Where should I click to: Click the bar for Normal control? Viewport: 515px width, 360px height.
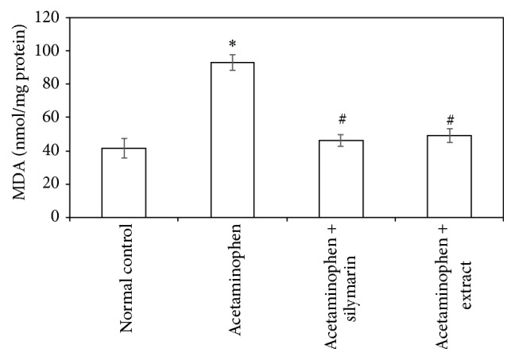coord(123,182)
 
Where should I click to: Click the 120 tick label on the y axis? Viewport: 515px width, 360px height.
coord(51,17)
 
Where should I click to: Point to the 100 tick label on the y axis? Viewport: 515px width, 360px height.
coord(51,50)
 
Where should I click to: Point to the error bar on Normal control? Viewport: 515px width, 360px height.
coord(123,148)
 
